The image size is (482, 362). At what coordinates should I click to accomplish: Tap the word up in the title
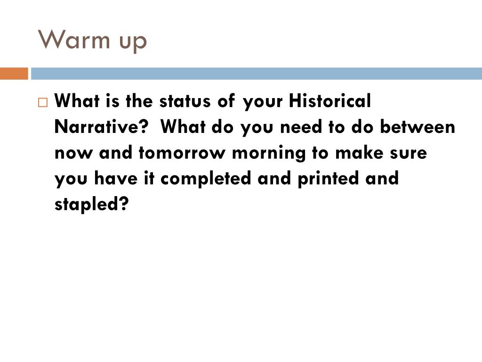point(133,42)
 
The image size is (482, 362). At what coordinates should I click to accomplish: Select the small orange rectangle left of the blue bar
point(14,74)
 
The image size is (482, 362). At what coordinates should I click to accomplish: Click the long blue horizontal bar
point(257,74)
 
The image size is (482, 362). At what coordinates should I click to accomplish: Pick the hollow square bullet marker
point(43,102)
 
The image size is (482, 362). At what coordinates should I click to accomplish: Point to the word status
point(185,101)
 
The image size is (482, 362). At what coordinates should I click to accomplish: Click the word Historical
point(330,100)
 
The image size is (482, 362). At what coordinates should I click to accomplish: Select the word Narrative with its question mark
point(101,126)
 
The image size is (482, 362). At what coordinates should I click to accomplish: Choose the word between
point(418,126)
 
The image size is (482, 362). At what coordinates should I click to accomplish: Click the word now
point(73,153)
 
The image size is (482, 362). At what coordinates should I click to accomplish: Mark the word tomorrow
point(182,152)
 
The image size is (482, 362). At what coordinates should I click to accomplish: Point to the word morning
point(269,154)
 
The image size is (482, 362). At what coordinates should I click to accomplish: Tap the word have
point(116,178)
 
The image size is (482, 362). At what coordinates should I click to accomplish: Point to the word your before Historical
point(263,102)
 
